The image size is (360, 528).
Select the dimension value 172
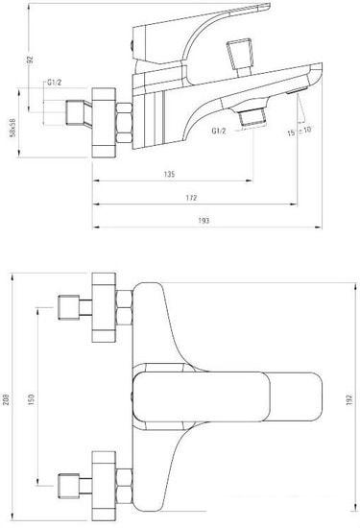pyautogui.click(x=192, y=198)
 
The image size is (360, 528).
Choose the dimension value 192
pyautogui.click(x=349, y=402)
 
